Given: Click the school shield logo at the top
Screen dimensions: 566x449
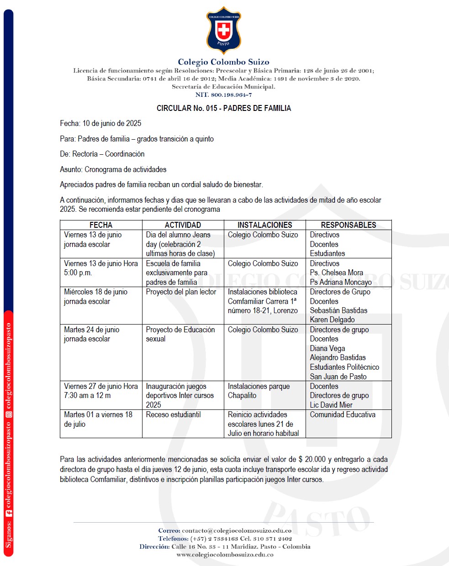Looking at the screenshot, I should point(223,31).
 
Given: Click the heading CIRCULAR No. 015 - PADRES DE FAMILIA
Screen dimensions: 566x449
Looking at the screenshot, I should point(224,108).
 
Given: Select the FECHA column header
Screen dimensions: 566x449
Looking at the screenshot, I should point(101,225).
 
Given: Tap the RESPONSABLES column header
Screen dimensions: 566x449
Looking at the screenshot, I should point(348,225).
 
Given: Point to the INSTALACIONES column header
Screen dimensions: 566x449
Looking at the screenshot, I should point(264,225).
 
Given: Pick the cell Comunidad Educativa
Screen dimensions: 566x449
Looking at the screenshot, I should point(343,414).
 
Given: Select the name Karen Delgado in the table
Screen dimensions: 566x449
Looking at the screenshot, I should point(332,320).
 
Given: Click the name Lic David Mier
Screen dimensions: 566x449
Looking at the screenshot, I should point(331,405).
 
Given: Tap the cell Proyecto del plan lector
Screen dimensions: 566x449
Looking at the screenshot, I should point(181,292).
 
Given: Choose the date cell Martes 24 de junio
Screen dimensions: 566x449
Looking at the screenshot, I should point(91,330).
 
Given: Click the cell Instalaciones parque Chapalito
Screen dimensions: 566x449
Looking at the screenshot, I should point(259,391).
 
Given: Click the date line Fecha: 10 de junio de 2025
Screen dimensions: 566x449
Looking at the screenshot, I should point(100,123).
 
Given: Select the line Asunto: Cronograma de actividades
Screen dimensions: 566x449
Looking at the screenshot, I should point(113,169).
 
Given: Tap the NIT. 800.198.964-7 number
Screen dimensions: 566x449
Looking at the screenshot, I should point(223,95).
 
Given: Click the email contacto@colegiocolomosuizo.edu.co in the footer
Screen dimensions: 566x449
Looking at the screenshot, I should point(237,530).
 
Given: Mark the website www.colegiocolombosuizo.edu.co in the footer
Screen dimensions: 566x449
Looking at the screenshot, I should point(225,555).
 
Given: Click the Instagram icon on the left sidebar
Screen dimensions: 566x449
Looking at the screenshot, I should point(9,414).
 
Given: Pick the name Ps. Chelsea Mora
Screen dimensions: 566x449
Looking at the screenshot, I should point(336,273).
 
